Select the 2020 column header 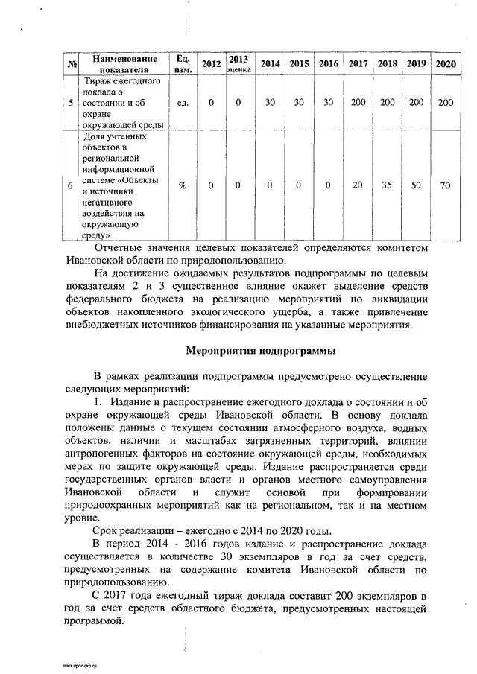point(446,64)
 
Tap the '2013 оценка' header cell point(238,64)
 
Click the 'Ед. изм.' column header point(183,64)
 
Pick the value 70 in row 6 point(446,185)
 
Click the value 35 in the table point(387,185)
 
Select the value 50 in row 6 point(416,185)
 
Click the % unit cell point(183,185)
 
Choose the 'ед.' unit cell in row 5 point(183,102)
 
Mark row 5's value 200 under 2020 point(446,102)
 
